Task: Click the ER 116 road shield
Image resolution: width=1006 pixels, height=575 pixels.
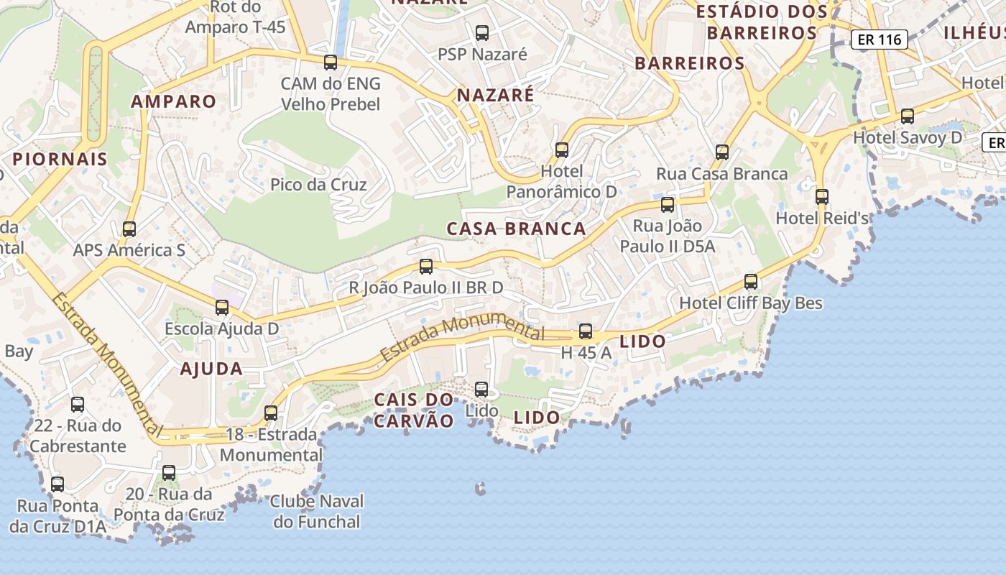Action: [880, 40]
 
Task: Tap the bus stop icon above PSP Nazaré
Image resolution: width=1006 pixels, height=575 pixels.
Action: [482, 32]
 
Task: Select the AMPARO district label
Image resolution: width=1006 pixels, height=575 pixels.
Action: [173, 101]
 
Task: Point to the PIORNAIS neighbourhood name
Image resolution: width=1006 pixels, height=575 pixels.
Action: [60, 159]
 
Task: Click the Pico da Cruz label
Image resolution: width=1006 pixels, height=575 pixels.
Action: [318, 185]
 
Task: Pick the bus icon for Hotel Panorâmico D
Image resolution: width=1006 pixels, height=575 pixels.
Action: [562, 149]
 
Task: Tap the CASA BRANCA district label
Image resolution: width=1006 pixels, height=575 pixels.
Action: [516, 229]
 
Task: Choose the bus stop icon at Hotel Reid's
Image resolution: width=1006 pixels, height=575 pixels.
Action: [822, 196]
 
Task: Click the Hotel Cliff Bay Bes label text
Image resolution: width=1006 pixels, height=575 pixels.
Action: [751, 303]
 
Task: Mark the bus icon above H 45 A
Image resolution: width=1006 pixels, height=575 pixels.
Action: [586, 331]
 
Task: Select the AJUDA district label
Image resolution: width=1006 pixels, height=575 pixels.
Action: [211, 369]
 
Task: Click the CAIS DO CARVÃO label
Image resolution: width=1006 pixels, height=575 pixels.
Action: [414, 410]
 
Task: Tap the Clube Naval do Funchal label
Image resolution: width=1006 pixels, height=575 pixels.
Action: [317, 511]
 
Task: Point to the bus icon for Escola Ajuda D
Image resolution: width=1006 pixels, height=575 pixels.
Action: [222, 308]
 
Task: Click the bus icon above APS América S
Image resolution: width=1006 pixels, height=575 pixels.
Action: [129, 229]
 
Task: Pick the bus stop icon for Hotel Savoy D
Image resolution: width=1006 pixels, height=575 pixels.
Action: [908, 116]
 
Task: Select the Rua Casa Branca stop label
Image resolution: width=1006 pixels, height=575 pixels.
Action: [722, 174]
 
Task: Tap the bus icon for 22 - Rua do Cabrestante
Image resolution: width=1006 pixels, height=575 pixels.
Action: [78, 404]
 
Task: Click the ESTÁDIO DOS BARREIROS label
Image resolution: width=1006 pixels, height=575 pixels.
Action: [762, 22]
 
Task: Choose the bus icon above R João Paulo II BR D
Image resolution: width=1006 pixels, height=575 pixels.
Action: [426, 267]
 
